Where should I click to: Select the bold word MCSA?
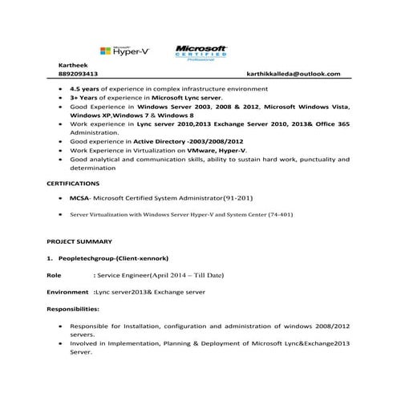click(80, 197)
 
